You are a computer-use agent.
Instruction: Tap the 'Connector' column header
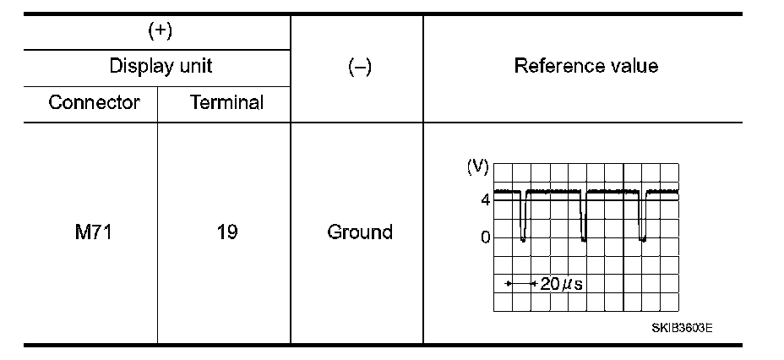(94, 103)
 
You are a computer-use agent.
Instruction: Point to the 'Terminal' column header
(226, 103)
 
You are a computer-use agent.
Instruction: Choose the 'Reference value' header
(585, 66)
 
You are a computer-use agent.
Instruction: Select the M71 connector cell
(94, 232)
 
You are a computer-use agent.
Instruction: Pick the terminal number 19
(226, 232)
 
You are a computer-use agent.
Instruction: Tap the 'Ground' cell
(359, 232)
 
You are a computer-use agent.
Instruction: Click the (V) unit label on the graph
(478, 166)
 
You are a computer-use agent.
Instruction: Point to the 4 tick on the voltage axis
(485, 200)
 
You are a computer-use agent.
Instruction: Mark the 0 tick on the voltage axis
(485, 237)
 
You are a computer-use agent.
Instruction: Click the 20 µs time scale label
(561, 284)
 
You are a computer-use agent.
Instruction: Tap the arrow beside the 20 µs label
(520, 284)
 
